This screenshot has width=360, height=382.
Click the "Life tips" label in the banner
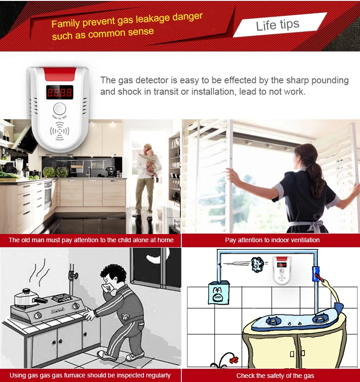click(x=278, y=25)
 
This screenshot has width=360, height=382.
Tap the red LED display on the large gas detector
click(x=59, y=92)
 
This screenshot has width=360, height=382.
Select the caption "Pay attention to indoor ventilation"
click(x=272, y=240)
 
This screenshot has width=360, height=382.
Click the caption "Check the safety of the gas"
click(x=275, y=376)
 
